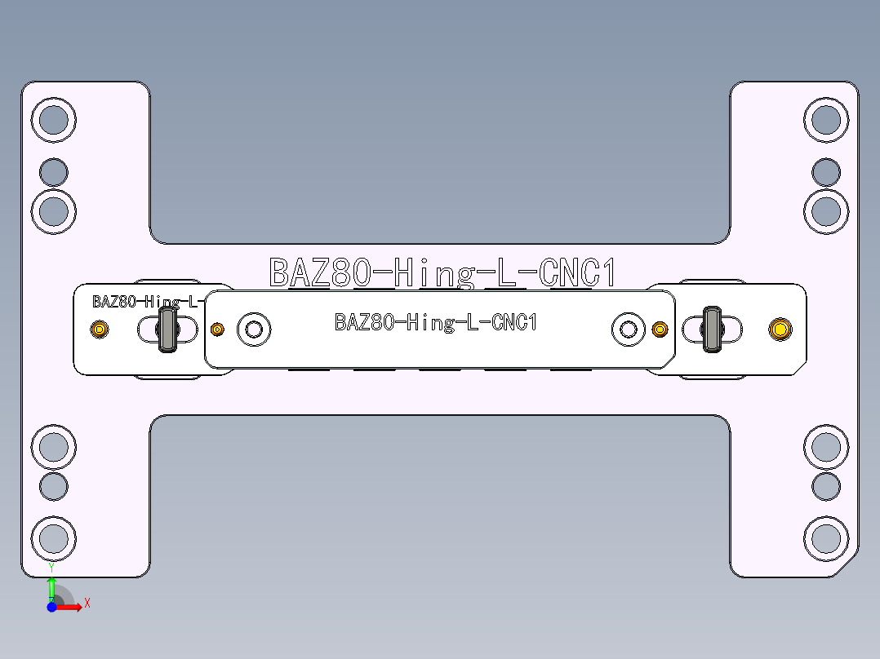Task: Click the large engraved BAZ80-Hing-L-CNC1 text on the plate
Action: [x=442, y=272]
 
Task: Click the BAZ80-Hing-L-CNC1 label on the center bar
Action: [x=436, y=322]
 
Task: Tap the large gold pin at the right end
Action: [x=780, y=329]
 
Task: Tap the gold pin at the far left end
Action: [x=99, y=329]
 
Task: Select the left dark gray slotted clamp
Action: [x=168, y=329]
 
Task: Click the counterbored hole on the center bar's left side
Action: [x=254, y=329]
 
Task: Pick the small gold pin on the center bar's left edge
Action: [x=217, y=329]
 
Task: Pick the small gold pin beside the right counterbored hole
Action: [x=660, y=329]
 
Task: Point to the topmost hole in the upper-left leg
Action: [x=54, y=120]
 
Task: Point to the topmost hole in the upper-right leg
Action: [x=826, y=120]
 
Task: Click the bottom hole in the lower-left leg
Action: [x=54, y=537]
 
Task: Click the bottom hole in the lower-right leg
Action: [x=826, y=537]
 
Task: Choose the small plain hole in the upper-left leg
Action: [x=54, y=172]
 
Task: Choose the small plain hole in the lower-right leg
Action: [x=826, y=486]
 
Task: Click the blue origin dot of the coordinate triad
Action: [x=51, y=607]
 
